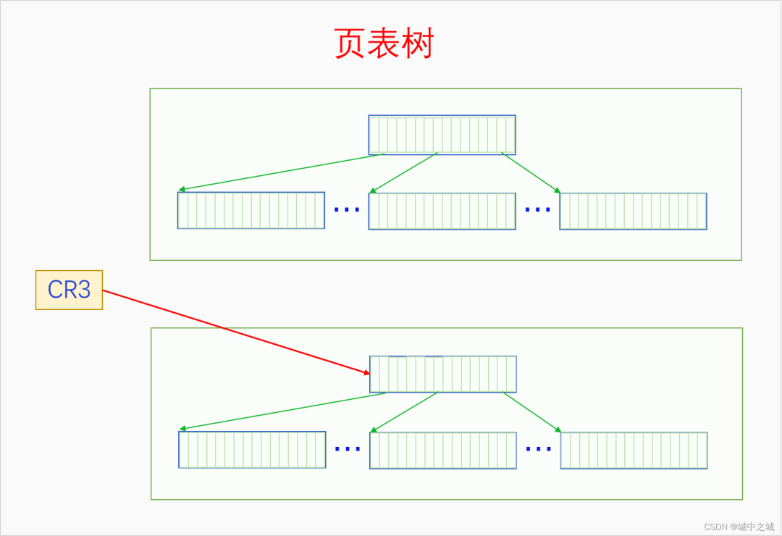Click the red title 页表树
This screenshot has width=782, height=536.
click(x=384, y=44)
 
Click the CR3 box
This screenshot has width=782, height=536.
click(x=69, y=290)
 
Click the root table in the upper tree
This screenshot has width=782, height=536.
click(x=442, y=135)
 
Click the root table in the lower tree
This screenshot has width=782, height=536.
click(x=442, y=374)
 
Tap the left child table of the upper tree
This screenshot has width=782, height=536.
click(x=251, y=210)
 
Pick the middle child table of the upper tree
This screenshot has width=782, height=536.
click(x=442, y=211)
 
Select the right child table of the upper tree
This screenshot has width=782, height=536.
click(x=633, y=211)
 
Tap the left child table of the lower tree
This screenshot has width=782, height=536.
click(x=252, y=450)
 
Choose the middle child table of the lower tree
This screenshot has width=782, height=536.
click(x=443, y=450)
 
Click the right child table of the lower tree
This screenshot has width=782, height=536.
click(x=634, y=450)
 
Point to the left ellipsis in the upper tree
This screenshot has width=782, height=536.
click(x=347, y=209)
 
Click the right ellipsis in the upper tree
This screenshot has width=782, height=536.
click(x=537, y=209)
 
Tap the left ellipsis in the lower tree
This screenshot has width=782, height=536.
click(x=348, y=448)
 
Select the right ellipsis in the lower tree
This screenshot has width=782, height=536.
click(x=539, y=448)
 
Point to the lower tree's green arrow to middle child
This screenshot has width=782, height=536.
click(x=404, y=412)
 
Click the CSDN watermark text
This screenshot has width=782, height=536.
click(x=739, y=527)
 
